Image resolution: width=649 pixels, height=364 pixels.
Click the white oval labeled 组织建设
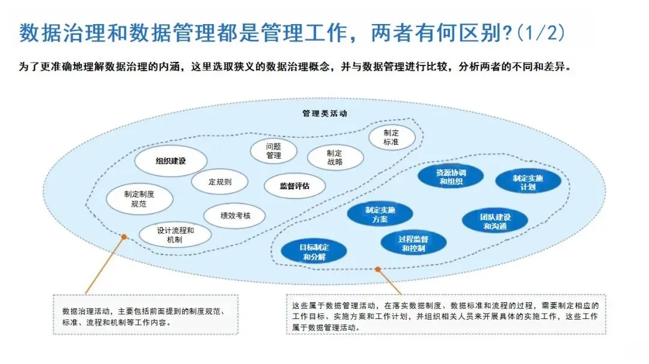(x=171, y=161)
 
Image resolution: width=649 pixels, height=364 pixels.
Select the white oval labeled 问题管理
(x=273, y=151)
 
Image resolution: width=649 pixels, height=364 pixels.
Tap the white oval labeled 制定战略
(x=335, y=157)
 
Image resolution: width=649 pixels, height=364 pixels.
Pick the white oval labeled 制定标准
(x=391, y=137)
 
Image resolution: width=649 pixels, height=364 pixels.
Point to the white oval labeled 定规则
(x=219, y=181)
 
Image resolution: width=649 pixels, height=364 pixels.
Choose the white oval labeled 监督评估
(x=294, y=186)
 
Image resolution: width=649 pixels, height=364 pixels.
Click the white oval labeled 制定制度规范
(x=139, y=199)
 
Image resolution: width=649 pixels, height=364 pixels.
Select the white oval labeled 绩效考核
(x=235, y=215)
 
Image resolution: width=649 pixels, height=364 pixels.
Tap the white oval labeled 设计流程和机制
(x=175, y=235)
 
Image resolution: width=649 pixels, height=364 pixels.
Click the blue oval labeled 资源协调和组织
(x=451, y=177)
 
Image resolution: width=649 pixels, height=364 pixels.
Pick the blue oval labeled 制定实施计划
(x=528, y=183)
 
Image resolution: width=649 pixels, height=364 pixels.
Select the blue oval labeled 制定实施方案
(x=380, y=214)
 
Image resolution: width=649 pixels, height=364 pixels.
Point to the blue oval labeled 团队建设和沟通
(x=495, y=221)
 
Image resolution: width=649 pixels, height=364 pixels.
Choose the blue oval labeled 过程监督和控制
(x=413, y=243)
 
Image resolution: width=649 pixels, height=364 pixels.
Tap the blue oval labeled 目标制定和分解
(x=314, y=252)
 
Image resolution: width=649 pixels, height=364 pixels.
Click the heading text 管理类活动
(x=324, y=114)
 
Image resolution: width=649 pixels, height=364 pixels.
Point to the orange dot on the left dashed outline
(x=124, y=237)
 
